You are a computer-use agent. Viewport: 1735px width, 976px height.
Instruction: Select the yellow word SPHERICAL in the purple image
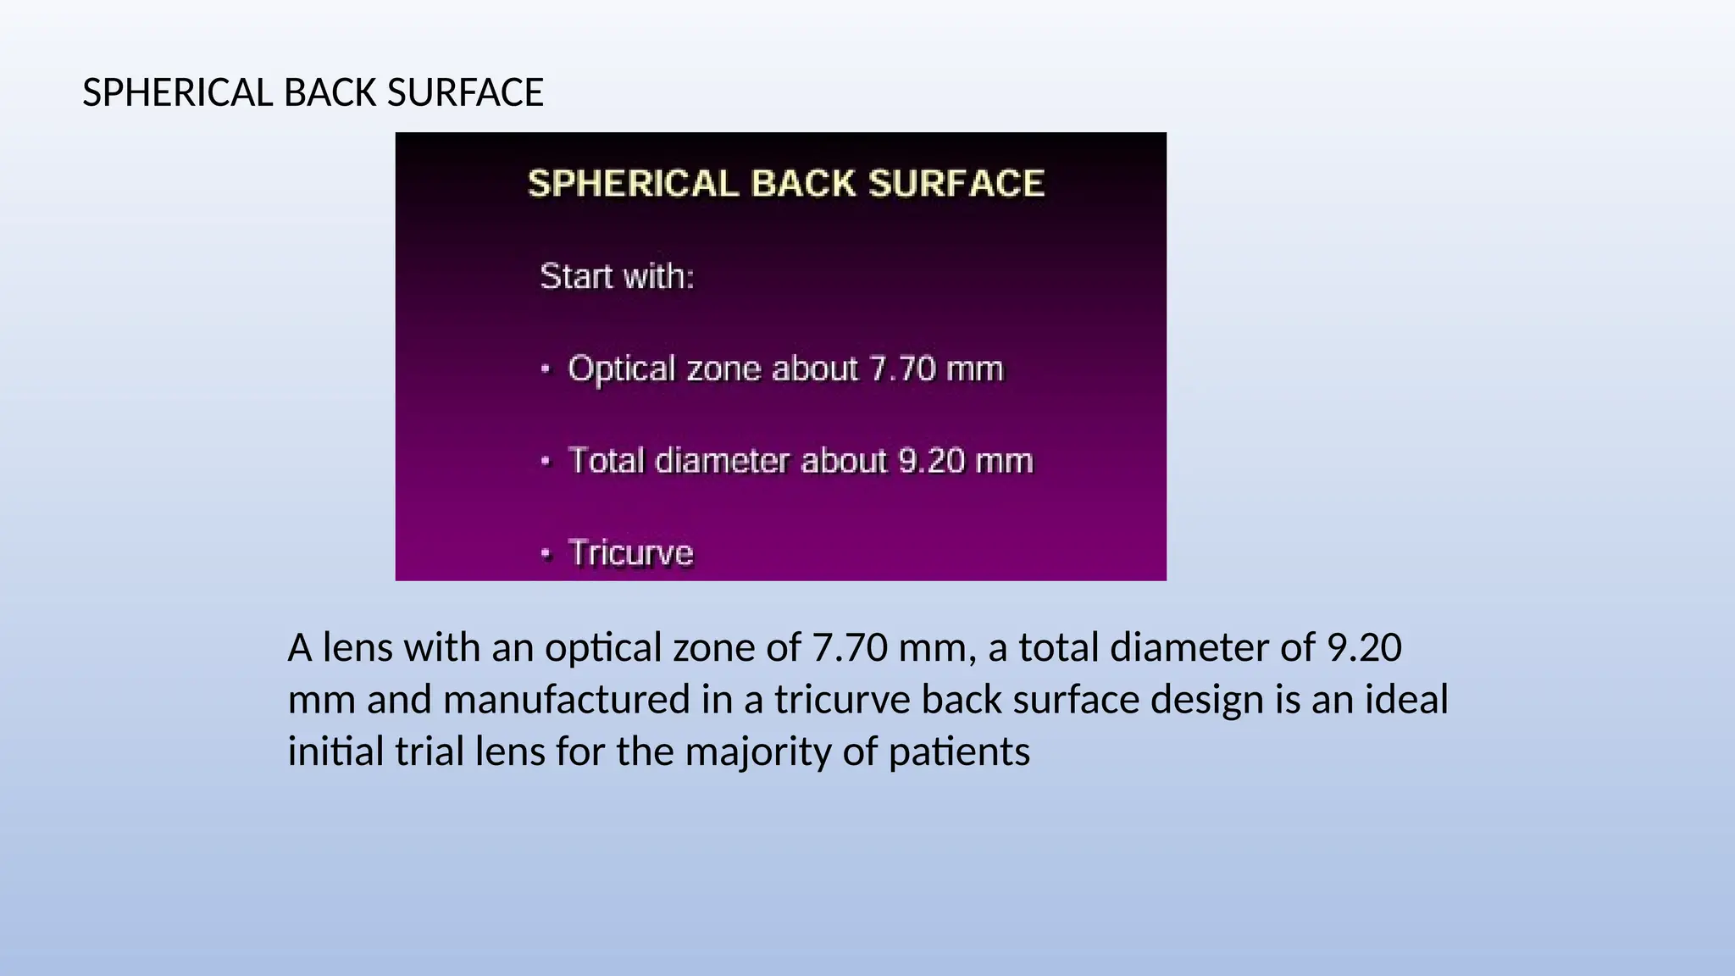point(633,184)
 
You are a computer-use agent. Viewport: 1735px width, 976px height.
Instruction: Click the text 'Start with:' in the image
point(617,277)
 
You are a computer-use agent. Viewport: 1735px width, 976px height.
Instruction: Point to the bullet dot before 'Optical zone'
point(546,369)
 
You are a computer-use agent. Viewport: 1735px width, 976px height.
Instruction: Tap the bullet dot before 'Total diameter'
point(546,462)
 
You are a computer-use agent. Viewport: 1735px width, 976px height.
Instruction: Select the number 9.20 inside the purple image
point(931,462)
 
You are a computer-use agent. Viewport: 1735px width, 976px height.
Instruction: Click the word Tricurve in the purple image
point(631,553)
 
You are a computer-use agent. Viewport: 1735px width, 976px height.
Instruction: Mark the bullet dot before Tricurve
point(546,554)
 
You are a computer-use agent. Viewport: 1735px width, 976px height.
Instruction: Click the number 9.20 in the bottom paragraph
point(1364,648)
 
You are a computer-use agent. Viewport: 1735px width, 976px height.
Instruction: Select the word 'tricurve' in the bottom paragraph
point(841,701)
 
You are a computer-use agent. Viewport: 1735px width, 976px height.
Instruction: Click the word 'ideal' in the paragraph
point(1406,701)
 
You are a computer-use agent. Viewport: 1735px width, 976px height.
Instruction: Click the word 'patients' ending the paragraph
point(959,752)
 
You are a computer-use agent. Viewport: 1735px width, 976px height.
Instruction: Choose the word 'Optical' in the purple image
point(622,369)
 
